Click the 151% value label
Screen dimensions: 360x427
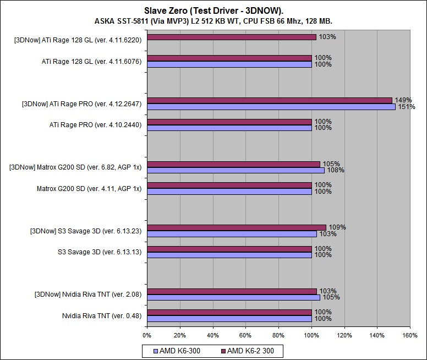pos(407,107)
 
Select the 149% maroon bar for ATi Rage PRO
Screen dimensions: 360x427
pos(270,100)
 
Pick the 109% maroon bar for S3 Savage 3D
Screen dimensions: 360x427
pos(237,227)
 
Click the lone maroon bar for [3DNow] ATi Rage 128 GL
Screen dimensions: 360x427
pos(232,37)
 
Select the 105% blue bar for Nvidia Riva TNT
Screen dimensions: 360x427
pos(233,297)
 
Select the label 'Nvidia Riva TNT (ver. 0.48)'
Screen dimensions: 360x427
pos(102,315)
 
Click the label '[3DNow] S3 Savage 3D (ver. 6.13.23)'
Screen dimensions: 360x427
pos(86,231)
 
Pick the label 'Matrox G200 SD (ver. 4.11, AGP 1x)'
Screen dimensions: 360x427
pos(89,188)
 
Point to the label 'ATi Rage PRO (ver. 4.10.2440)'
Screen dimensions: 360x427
pos(96,125)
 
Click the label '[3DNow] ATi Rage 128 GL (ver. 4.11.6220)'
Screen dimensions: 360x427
pos(78,40)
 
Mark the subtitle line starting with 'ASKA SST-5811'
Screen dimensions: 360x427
pos(214,21)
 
